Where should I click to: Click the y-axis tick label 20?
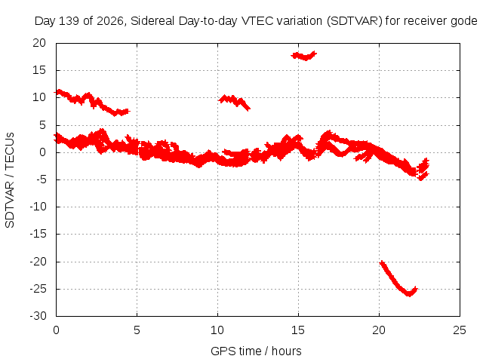click(39, 43)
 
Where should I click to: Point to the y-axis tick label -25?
click(38, 289)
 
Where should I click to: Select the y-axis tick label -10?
click(38, 207)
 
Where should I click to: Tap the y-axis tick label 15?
click(39, 70)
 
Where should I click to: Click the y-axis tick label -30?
click(38, 316)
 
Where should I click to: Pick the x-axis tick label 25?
click(460, 330)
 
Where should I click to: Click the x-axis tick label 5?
click(137, 330)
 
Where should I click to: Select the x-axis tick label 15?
click(298, 330)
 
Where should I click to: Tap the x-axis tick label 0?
click(56, 330)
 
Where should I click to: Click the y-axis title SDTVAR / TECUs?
click(10, 180)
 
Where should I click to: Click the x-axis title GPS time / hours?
click(256, 351)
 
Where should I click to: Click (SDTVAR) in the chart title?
click(354, 21)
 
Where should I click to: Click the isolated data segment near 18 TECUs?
click(304, 56)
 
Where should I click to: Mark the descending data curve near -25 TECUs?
click(398, 279)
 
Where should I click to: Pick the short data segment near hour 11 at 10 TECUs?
click(235, 103)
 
